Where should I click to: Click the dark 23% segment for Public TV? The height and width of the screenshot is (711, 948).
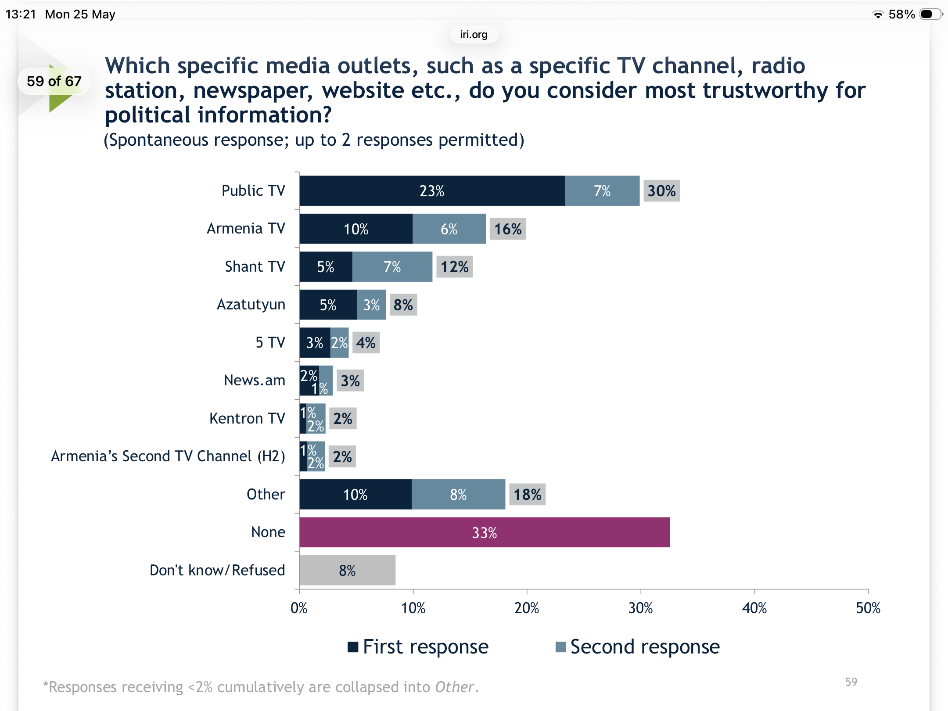[x=432, y=191]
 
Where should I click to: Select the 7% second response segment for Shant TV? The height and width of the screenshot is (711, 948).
[x=392, y=267]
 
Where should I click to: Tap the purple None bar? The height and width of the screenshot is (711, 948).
[x=485, y=532]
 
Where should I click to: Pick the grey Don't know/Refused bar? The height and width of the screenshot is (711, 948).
[x=347, y=570]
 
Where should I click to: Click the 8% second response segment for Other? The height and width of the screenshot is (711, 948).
[x=458, y=495]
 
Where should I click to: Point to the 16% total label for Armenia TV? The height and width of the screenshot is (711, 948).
[x=508, y=229]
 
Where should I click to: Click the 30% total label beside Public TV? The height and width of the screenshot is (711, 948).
[x=661, y=191]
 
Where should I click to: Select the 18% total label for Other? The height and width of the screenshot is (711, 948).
[x=527, y=495]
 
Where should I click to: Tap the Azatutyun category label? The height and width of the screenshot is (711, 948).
[x=251, y=305]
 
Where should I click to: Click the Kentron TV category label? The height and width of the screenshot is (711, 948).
[x=247, y=418]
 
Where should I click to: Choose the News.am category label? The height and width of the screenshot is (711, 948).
[x=255, y=380]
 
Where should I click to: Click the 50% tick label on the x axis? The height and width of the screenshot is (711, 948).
[x=868, y=608]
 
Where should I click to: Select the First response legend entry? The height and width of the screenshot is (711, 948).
[x=418, y=647]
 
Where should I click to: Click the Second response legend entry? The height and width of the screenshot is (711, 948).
[x=638, y=647]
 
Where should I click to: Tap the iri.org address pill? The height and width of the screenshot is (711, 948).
[x=474, y=34]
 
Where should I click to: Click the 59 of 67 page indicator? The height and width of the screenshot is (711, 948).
[x=54, y=81]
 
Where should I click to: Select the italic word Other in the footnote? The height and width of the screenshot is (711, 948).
[x=455, y=687]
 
